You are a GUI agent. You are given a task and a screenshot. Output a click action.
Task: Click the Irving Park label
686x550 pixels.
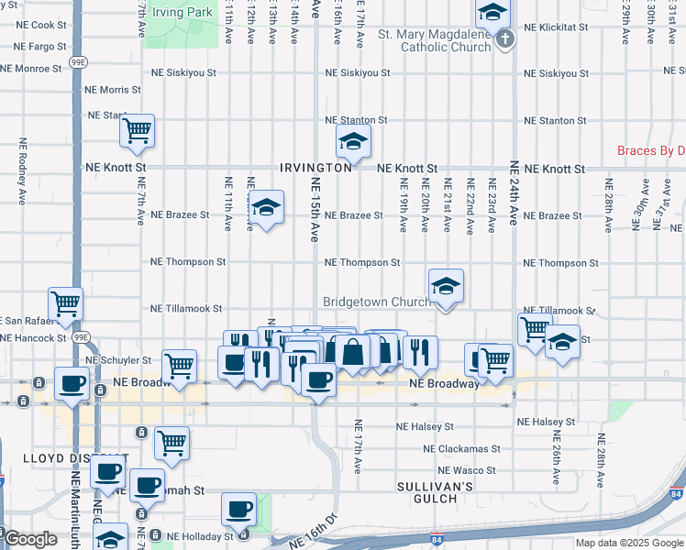coord(183,12)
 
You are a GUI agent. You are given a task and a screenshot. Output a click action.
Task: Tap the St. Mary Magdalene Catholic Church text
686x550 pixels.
coord(434,41)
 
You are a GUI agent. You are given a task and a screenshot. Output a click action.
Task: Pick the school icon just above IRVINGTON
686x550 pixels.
coord(351,141)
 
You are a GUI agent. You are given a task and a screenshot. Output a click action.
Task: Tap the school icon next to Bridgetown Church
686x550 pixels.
coord(446,286)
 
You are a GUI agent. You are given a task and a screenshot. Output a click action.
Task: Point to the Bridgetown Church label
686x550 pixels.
coord(376,302)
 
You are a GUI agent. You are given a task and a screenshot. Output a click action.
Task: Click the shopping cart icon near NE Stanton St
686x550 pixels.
coord(137,131)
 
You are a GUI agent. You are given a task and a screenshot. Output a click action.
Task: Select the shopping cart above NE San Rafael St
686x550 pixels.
coord(65,303)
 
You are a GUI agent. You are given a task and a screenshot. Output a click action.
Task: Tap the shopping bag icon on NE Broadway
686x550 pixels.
coord(351,351)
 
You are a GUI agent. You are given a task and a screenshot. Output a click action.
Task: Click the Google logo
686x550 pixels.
coord(30,540)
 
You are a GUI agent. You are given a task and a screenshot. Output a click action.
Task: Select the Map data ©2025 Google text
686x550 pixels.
coord(629,543)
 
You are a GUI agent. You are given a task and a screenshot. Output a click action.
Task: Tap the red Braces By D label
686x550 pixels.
coord(651,150)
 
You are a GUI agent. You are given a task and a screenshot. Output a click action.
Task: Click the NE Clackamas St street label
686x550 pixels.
coord(462,449)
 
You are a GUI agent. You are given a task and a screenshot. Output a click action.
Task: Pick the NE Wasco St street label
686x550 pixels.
coord(465,470)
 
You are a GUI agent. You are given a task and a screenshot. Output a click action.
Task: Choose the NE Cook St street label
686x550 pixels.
coord(36,26)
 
